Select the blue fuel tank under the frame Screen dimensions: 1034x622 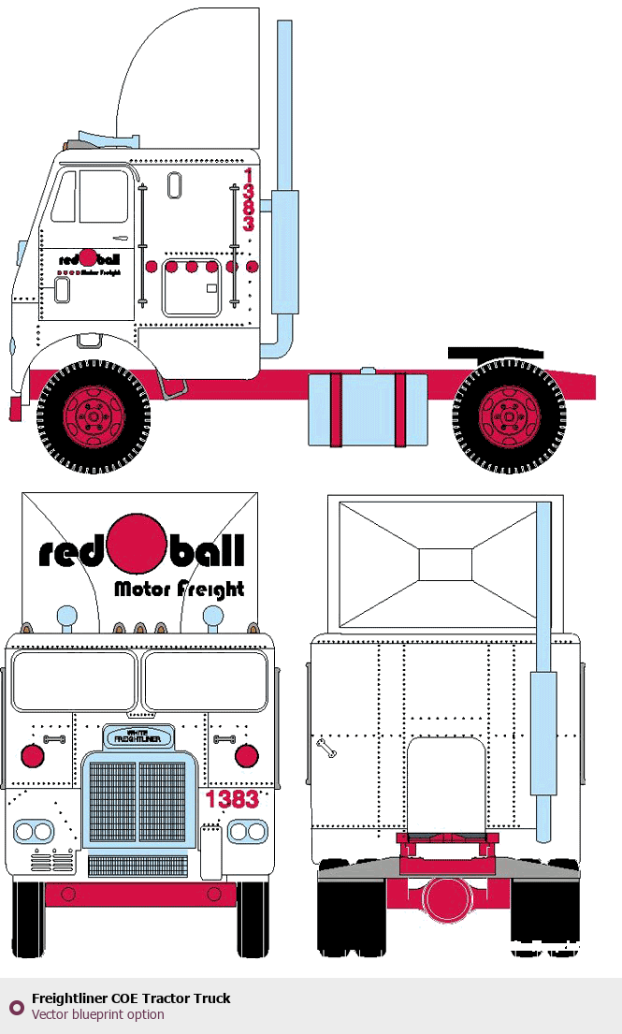pos(367,409)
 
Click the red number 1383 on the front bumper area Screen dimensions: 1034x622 pos(232,800)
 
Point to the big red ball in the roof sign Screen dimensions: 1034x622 pos(137,544)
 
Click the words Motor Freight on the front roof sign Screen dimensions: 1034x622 pos(179,589)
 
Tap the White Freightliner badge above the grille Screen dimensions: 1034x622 pos(137,735)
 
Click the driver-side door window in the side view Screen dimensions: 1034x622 pos(103,196)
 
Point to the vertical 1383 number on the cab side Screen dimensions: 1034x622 pos(248,200)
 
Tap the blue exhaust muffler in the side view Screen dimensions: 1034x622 pos(284,253)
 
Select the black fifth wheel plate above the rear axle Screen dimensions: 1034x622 pos(496,353)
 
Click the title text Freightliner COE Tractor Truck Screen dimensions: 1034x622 pos(131,998)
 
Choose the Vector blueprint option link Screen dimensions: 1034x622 pos(97,1014)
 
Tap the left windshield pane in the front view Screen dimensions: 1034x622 pos(74,680)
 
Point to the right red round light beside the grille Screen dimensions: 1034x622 pos(246,756)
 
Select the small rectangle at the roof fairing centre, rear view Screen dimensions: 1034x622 pos(445,564)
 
